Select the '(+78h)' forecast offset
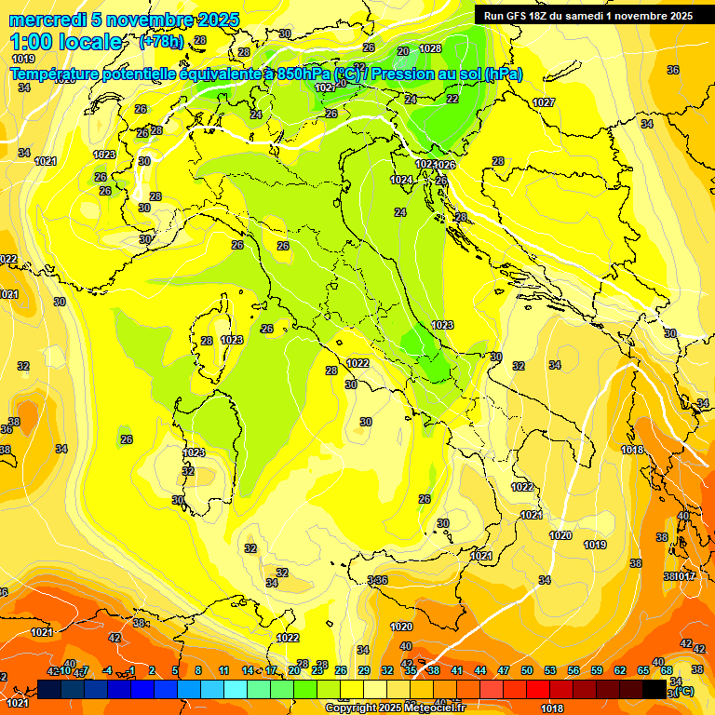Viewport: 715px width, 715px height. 161,42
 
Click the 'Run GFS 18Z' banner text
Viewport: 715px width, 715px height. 519,15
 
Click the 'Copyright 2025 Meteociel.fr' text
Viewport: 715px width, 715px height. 394,708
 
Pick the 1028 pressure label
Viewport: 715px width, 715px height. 430,48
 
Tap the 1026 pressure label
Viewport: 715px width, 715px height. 445,165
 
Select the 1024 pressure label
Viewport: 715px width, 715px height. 401,180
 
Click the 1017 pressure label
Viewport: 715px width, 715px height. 686,577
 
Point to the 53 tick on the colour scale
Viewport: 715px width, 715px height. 550,670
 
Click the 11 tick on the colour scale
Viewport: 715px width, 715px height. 223,670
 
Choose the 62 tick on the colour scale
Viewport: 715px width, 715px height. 620,670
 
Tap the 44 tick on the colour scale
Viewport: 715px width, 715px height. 480,670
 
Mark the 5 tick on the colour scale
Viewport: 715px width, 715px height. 176,670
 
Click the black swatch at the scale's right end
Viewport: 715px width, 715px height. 654,689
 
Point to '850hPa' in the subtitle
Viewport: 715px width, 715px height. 304,74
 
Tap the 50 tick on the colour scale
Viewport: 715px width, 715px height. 527,670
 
